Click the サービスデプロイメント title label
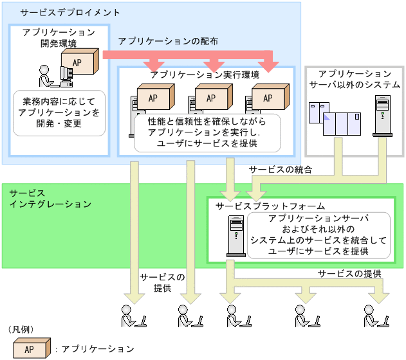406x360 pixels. pos(61,12)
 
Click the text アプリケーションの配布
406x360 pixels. pos(168,40)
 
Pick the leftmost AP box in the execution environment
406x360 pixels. pos(153,98)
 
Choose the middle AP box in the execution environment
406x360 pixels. pos(210,98)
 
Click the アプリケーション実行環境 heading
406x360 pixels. pos(205,75)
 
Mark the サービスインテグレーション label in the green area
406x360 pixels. pos(50,198)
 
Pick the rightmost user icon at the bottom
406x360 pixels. pos(376,316)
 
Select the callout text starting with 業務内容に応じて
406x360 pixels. pos(59,113)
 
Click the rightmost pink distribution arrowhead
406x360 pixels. pos(271,65)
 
